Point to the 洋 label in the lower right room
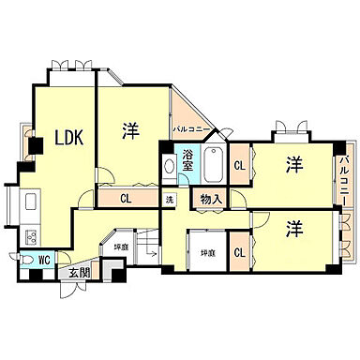click(294, 228)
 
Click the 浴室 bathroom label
click(189, 159)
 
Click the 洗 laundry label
click(170, 200)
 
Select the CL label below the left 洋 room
click(125, 199)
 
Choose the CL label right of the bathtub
click(239, 166)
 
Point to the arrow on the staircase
click(153, 253)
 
